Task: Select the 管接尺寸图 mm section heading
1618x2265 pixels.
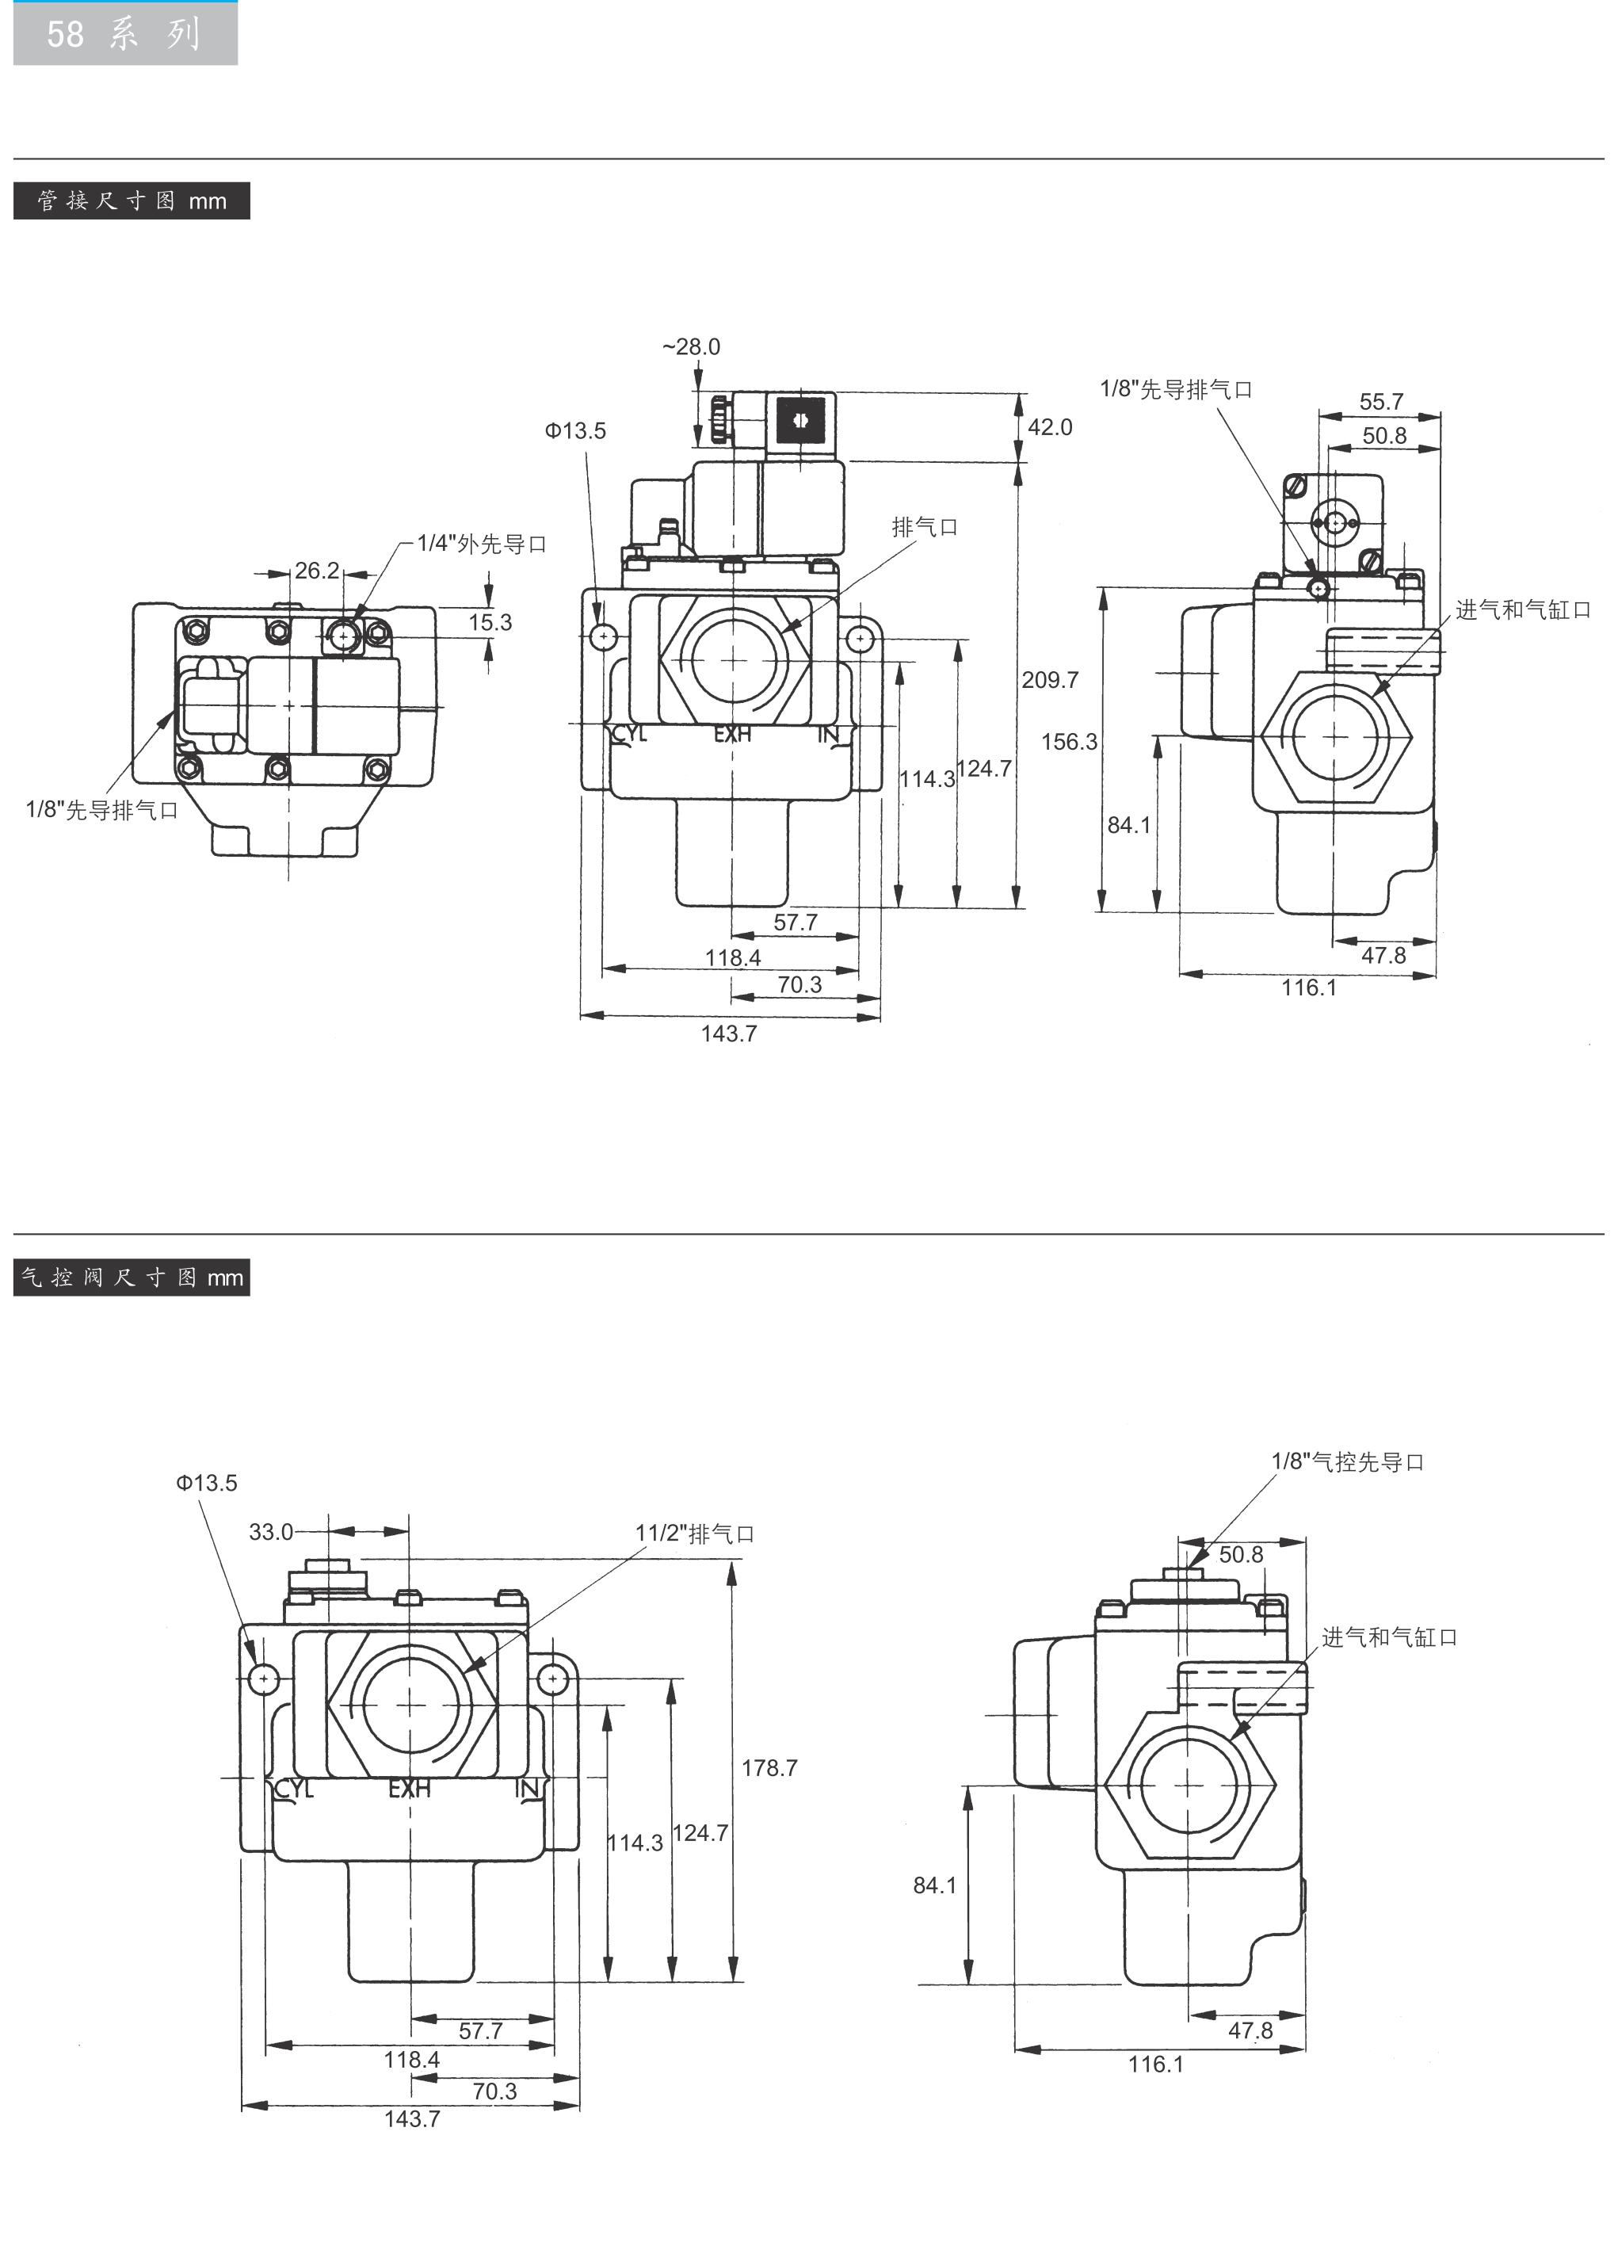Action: click(132, 201)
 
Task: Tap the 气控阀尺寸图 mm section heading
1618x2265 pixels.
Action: click(132, 1278)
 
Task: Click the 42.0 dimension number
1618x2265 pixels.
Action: click(1050, 427)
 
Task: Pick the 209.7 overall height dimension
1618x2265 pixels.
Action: click(1050, 681)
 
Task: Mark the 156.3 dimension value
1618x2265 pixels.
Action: click(1069, 741)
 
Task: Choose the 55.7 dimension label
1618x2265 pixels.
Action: click(1381, 402)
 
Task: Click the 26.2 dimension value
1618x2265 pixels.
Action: click(317, 571)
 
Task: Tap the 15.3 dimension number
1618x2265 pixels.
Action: click(490, 623)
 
